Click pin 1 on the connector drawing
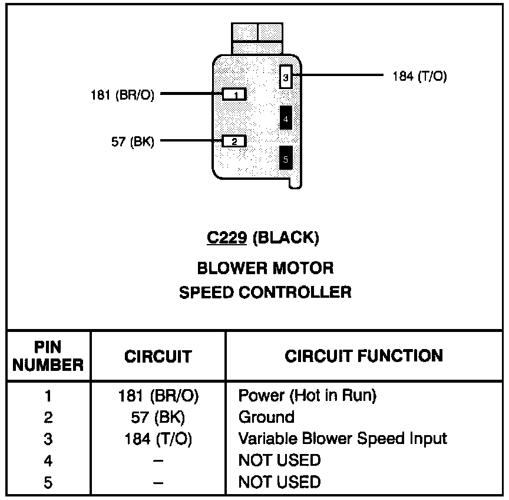(234, 94)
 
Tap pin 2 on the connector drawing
(234, 141)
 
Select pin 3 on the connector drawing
(285, 77)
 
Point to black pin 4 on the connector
(286, 119)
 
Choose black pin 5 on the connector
(286, 158)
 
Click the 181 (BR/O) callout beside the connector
(123, 94)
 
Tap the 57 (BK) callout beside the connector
(132, 142)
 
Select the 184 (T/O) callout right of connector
(419, 77)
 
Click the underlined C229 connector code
(226, 238)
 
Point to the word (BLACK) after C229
(285, 238)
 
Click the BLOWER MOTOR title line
(265, 268)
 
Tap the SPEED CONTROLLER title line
(265, 292)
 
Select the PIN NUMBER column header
(48, 356)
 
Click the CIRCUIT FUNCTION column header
(363, 356)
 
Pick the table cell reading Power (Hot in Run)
(306, 395)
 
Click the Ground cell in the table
(266, 417)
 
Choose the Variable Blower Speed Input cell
(342, 439)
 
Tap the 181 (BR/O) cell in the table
(158, 396)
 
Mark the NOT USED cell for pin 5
(279, 482)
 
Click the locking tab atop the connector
(257, 38)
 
